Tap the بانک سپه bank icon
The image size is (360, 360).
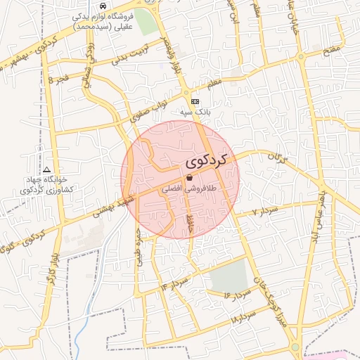pyautogui.click(x=195, y=101)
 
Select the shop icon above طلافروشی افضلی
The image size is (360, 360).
pyautogui.click(x=191, y=179)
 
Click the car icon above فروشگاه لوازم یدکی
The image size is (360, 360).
pyautogui.click(x=103, y=6)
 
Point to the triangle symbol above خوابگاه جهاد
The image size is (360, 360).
pyautogui.click(x=46, y=169)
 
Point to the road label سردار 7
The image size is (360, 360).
pyautogui.click(x=266, y=210)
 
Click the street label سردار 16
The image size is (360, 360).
pyautogui.click(x=237, y=294)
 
